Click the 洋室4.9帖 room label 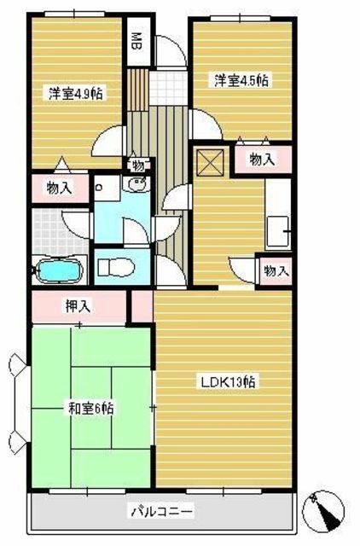(76, 93)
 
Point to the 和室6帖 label (90, 409)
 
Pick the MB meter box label (137, 42)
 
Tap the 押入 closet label (78, 305)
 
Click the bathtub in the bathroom (59, 270)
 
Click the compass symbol (323, 512)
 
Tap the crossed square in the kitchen (210, 162)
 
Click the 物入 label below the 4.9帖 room (59, 189)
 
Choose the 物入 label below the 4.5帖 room (262, 160)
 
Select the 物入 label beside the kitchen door (276, 270)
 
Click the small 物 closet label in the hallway (138, 166)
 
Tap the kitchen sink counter (277, 214)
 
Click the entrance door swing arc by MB (171, 51)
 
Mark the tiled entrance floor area (168, 88)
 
